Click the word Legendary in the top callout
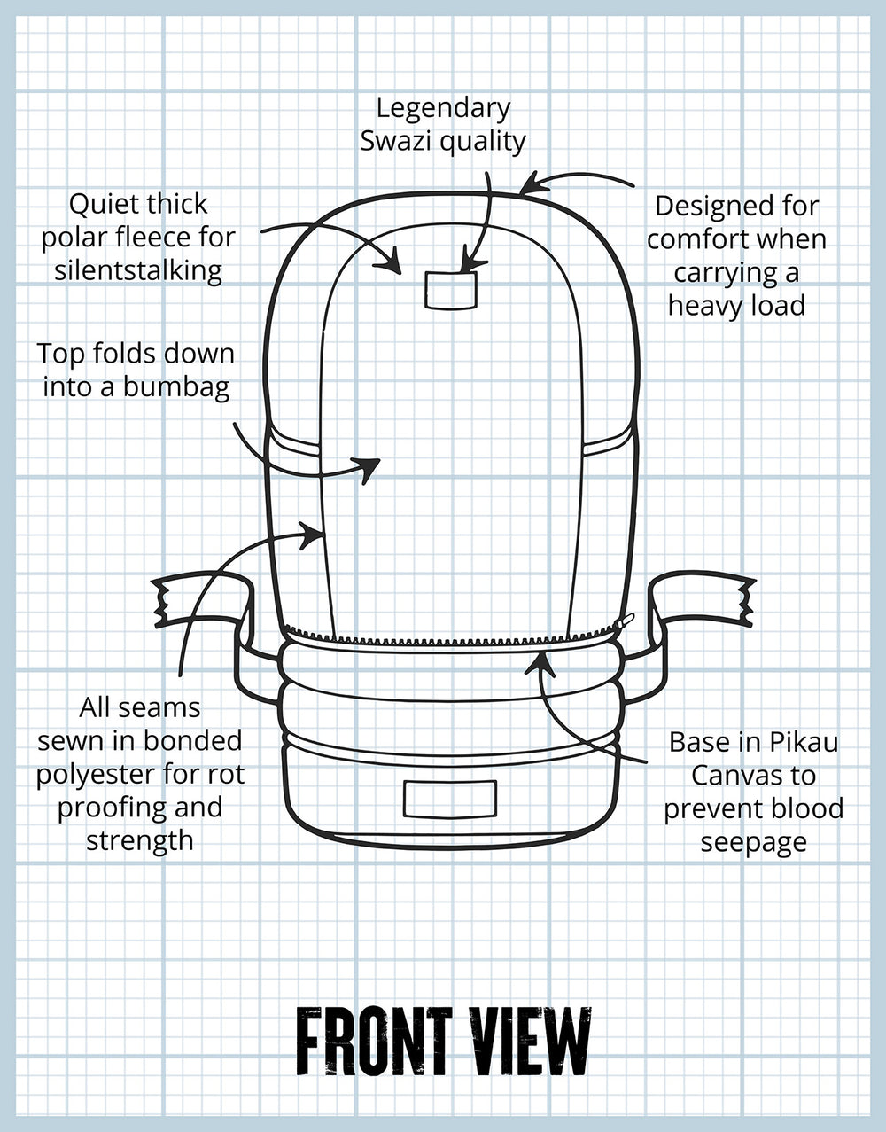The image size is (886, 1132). [443, 108]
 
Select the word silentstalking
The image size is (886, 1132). [138, 270]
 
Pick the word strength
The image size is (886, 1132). [139, 839]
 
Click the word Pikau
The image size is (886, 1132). [804, 741]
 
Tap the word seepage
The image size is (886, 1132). [753, 842]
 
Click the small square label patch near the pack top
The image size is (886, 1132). [451, 290]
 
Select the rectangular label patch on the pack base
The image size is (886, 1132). [449, 799]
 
